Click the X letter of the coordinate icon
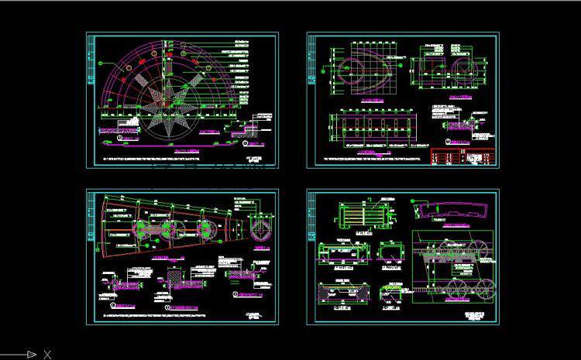[x=47, y=355]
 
